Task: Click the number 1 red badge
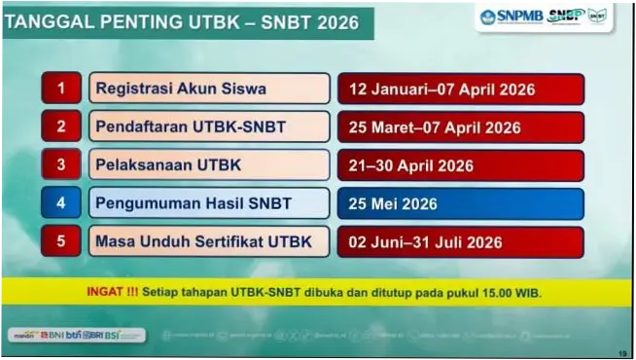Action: [61, 89]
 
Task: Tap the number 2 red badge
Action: [61, 126]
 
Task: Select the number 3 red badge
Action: [61, 164]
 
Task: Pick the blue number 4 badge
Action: [61, 203]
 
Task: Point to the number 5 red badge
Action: [61, 241]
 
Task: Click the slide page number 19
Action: [623, 353]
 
